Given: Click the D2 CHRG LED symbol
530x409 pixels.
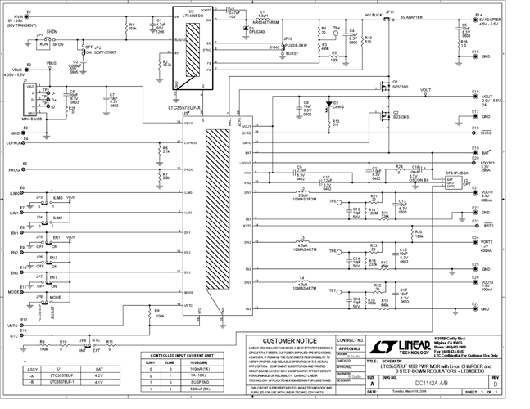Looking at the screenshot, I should (x=325, y=105).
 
